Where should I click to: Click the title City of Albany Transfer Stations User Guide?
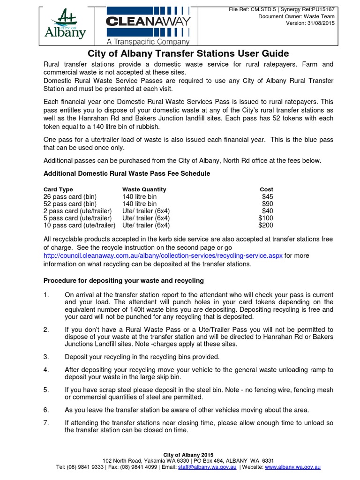click(188, 53)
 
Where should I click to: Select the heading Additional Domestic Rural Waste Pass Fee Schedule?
click(127, 173)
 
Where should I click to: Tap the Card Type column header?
click(58, 189)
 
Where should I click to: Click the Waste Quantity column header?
click(144, 189)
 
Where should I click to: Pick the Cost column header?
click(266, 189)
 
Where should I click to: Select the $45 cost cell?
click(267, 197)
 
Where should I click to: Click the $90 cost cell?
click(267, 204)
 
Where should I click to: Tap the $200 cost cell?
click(265, 225)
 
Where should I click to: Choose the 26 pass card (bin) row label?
click(70, 197)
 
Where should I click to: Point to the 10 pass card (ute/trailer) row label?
click(79, 225)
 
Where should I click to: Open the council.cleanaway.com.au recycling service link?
click(163, 256)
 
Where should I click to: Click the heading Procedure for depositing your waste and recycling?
click(124, 281)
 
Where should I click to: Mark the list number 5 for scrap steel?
click(46, 390)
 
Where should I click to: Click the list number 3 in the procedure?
click(46, 357)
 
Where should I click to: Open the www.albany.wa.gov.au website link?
click(292, 467)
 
